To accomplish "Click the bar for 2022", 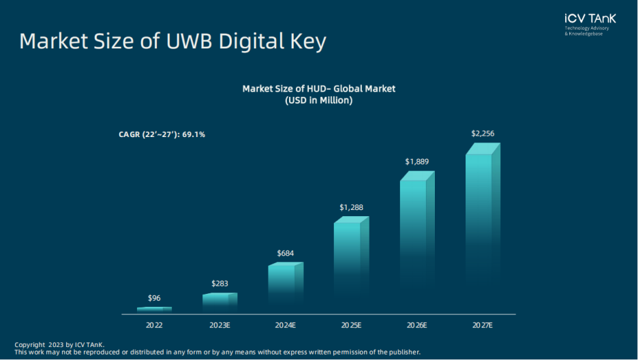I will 154,310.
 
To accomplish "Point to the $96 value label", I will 154,298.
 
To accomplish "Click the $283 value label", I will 219,283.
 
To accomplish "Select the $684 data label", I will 285,254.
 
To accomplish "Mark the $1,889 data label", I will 416,162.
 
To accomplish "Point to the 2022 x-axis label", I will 154,326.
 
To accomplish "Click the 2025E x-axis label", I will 350,326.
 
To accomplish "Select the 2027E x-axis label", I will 482,326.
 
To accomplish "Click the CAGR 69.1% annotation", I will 162,135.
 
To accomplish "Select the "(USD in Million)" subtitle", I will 318,100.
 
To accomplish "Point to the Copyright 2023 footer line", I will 59,344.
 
